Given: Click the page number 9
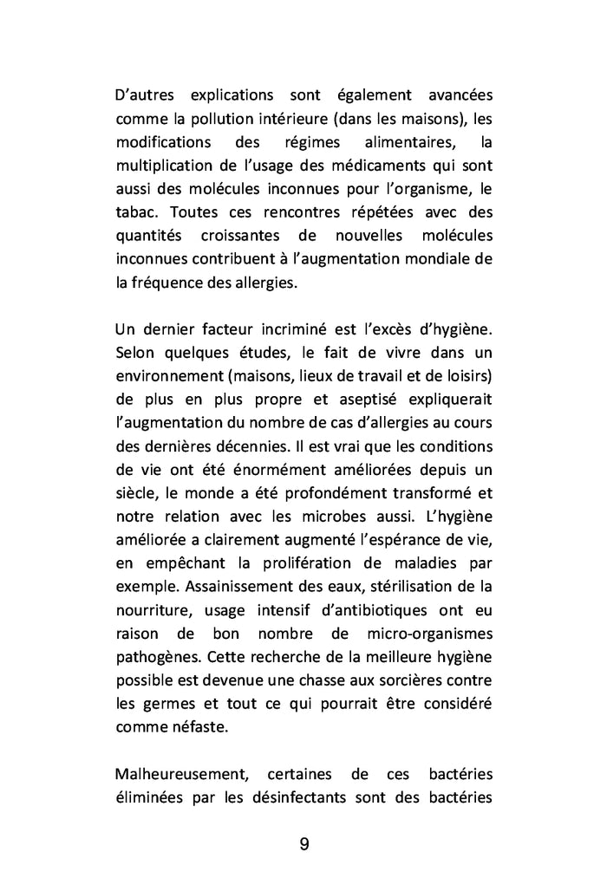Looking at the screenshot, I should (304, 844).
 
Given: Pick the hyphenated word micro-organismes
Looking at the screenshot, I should (425, 633).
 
